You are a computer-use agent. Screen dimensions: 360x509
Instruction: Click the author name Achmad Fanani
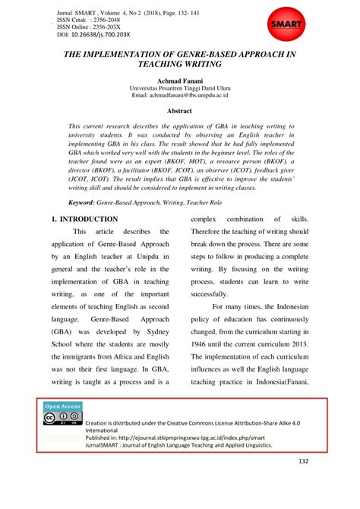[x=180, y=80]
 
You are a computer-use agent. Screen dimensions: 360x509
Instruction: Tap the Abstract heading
[x=180, y=109]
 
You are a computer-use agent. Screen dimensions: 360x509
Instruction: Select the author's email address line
[x=180, y=96]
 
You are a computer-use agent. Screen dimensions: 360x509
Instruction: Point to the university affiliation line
[x=180, y=88]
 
